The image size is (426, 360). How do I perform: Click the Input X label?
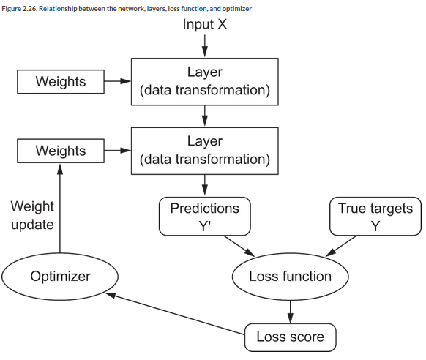204,24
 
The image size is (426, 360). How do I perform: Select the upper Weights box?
61,81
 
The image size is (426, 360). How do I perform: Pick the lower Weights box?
61,151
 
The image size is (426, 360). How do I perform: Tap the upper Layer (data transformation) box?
205,81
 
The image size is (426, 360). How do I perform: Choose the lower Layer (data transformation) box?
205,151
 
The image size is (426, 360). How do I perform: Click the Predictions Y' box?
204,217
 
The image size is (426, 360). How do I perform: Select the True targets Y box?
375,217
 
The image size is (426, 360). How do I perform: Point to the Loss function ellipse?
290,277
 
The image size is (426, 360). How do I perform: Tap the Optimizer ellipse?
60,277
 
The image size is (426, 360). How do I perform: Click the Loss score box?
290,337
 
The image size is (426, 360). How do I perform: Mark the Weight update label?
32,215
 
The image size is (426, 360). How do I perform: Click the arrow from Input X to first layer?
205,46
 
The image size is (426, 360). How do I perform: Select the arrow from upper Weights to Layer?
118,81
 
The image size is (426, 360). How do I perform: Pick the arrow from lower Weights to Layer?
118,151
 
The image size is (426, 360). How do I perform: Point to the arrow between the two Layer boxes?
205,116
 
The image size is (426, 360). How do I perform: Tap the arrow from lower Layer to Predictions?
205,185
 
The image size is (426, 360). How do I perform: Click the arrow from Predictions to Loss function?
239,246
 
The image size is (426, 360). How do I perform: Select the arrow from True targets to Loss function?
340,246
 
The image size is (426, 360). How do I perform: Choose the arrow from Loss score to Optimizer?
175,314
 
